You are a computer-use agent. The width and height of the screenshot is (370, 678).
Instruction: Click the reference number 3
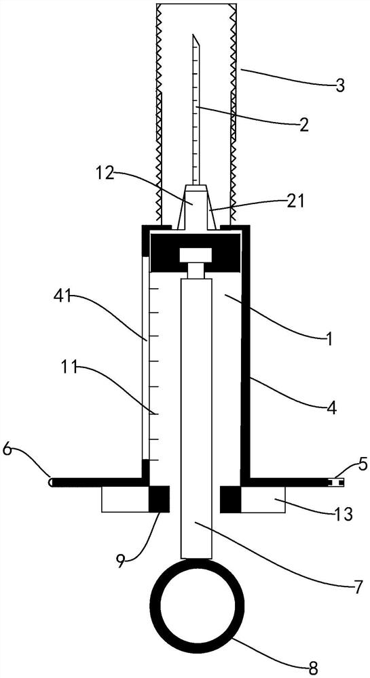(x=341, y=85)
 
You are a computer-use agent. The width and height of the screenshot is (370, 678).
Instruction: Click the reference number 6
(x=9, y=450)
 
